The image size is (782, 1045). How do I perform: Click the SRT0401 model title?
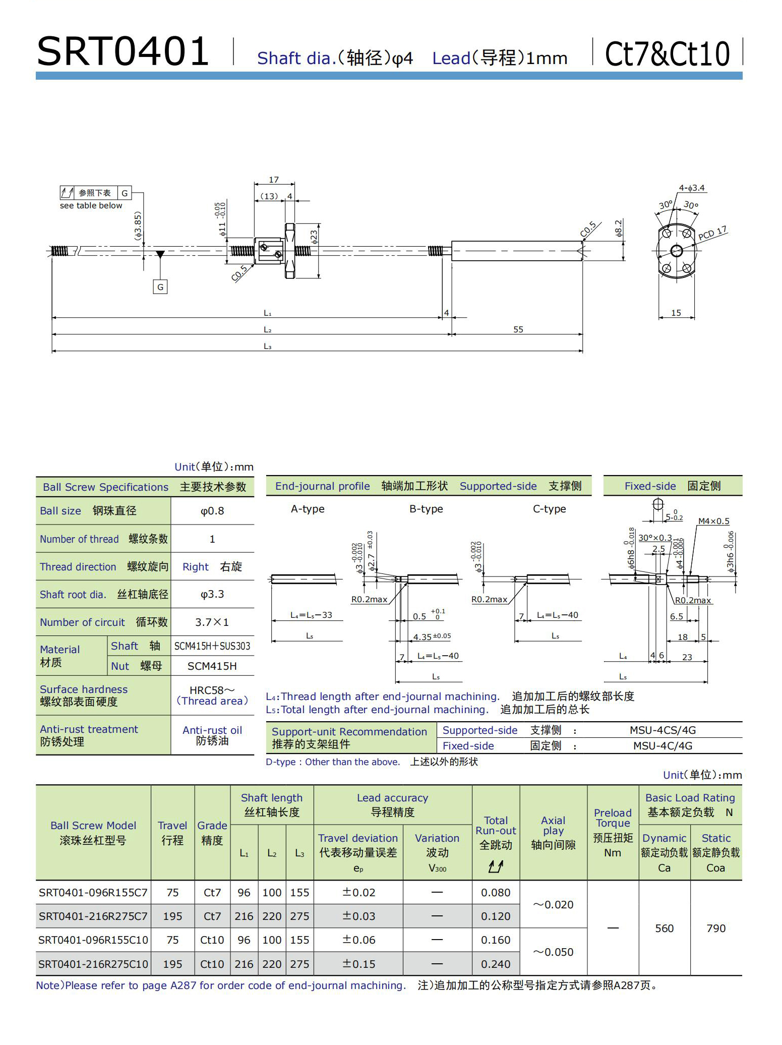pyautogui.click(x=123, y=51)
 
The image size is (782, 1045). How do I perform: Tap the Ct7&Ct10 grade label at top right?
pyautogui.click(x=667, y=54)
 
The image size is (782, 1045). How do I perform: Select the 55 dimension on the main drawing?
pyautogui.click(x=518, y=329)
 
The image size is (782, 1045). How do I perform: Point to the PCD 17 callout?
pyautogui.click(x=712, y=233)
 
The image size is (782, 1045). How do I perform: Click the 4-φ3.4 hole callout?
pyautogui.click(x=691, y=188)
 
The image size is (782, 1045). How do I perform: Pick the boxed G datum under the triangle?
pyautogui.click(x=160, y=287)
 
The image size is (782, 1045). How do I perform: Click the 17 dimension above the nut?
pyautogui.click(x=273, y=180)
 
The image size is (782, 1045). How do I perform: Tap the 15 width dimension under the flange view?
pyautogui.click(x=676, y=313)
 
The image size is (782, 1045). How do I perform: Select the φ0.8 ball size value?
pyautogui.click(x=212, y=511)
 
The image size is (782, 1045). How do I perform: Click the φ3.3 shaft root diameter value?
pyautogui.click(x=212, y=594)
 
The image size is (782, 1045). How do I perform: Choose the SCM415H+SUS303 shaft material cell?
pyautogui.click(x=212, y=646)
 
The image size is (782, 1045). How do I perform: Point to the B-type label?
pyautogui.click(x=426, y=509)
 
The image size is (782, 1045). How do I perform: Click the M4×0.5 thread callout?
pyautogui.click(x=713, y=521)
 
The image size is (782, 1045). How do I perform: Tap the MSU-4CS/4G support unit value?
pyautogui.click(x=663, y=730)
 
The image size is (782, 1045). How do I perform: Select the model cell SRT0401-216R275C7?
pyautogui.click(x=93, y=916)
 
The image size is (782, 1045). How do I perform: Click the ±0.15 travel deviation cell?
pyautogui.click(x=358, y=964)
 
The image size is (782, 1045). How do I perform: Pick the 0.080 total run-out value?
pyautogui.click(x=496, y=892)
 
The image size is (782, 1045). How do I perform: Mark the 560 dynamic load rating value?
pyautogui.click(x=664, y=928)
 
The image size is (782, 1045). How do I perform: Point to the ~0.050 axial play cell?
pyautogui.click(x=553, y=952)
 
